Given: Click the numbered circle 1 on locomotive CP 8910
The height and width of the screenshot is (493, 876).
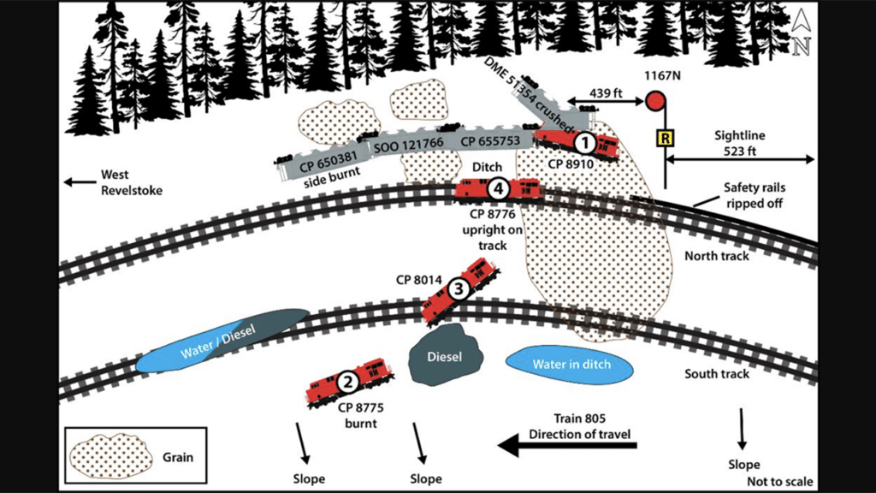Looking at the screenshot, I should pyautogui.click(x=584, y=142).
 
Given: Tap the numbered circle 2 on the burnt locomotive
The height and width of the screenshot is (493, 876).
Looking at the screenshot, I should pyautogui.click(x=347, y=383).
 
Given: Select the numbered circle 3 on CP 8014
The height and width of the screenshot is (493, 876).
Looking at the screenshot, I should pyautogui.click(x=459, y=290).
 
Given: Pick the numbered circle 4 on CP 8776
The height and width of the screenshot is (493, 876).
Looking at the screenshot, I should pyautogui.click(x=499, y=187).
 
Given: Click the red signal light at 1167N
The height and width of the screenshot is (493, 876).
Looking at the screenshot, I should pyautogui.click(x=655, y=101).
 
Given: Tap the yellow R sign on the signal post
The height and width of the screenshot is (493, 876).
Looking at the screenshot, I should pyautogui.click(x=662, y=137).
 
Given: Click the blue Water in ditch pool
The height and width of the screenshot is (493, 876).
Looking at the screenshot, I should pyautogui.click(x=571, y=365).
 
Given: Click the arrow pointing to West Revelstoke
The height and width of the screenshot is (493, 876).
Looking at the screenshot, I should pyautogui.click(x=81, y=181).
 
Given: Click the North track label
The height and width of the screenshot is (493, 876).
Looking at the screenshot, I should pyautogui.click(x=717, y=257).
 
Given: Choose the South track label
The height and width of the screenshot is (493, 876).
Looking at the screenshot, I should pyautogui.click(x=717, y=374).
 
